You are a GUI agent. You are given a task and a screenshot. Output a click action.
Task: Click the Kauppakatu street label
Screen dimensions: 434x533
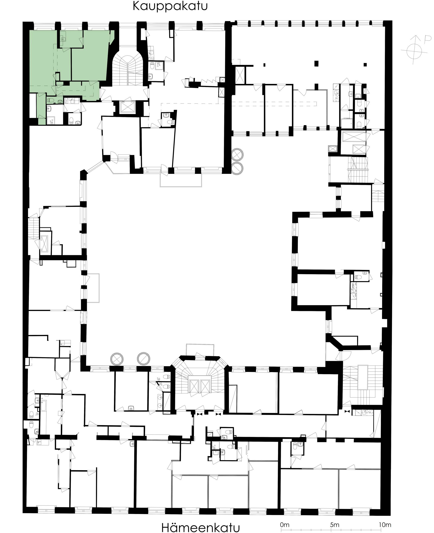tap(170, 6)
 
